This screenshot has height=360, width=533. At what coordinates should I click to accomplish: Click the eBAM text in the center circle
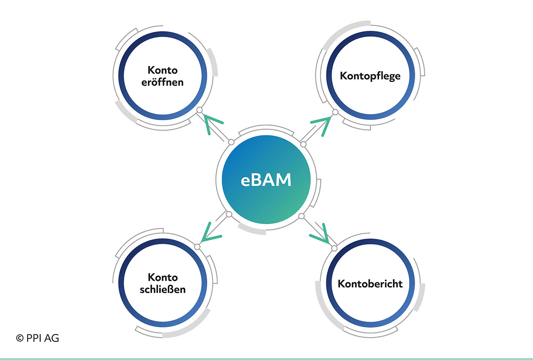pyautogui.click(x=266, y=180)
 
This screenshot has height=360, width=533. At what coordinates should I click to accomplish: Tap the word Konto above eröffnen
pyautogui.click(x=163, y=70)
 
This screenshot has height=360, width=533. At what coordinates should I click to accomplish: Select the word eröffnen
pyautogui.click(x=163, y=82)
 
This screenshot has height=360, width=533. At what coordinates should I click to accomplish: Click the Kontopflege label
pyautogui.click(x=370, y=76)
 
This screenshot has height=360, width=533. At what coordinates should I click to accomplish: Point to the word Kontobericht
pyautogui.click(x=370, y=284)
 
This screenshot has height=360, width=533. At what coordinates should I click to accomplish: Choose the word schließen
pyautogui.click(x=163, y=289)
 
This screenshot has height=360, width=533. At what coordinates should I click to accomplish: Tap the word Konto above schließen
pyautogui.click(x=163, y=277)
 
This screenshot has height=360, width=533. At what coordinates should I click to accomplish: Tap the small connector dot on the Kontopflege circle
pyautogui.click(x=335, y=112)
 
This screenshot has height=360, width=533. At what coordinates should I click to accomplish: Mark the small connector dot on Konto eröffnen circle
pyautogui.click(x=199, y=110)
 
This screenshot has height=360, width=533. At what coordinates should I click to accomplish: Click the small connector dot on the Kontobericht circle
pyautogui.click(x=334, y=249)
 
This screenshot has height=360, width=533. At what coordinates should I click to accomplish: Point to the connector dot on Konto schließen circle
pyautogui.click(x=197, y=247)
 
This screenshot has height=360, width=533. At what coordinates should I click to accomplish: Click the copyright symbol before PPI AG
pyautogui.click(x=20, y=338)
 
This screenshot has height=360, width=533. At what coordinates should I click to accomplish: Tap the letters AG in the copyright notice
pyautogui.click(x=52, y=338)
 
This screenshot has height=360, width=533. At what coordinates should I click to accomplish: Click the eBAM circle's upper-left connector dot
pyautogui.click(x=231, y=142)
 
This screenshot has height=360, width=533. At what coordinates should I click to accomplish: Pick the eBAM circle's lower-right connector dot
pyautogui.click(x=301, y=216)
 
